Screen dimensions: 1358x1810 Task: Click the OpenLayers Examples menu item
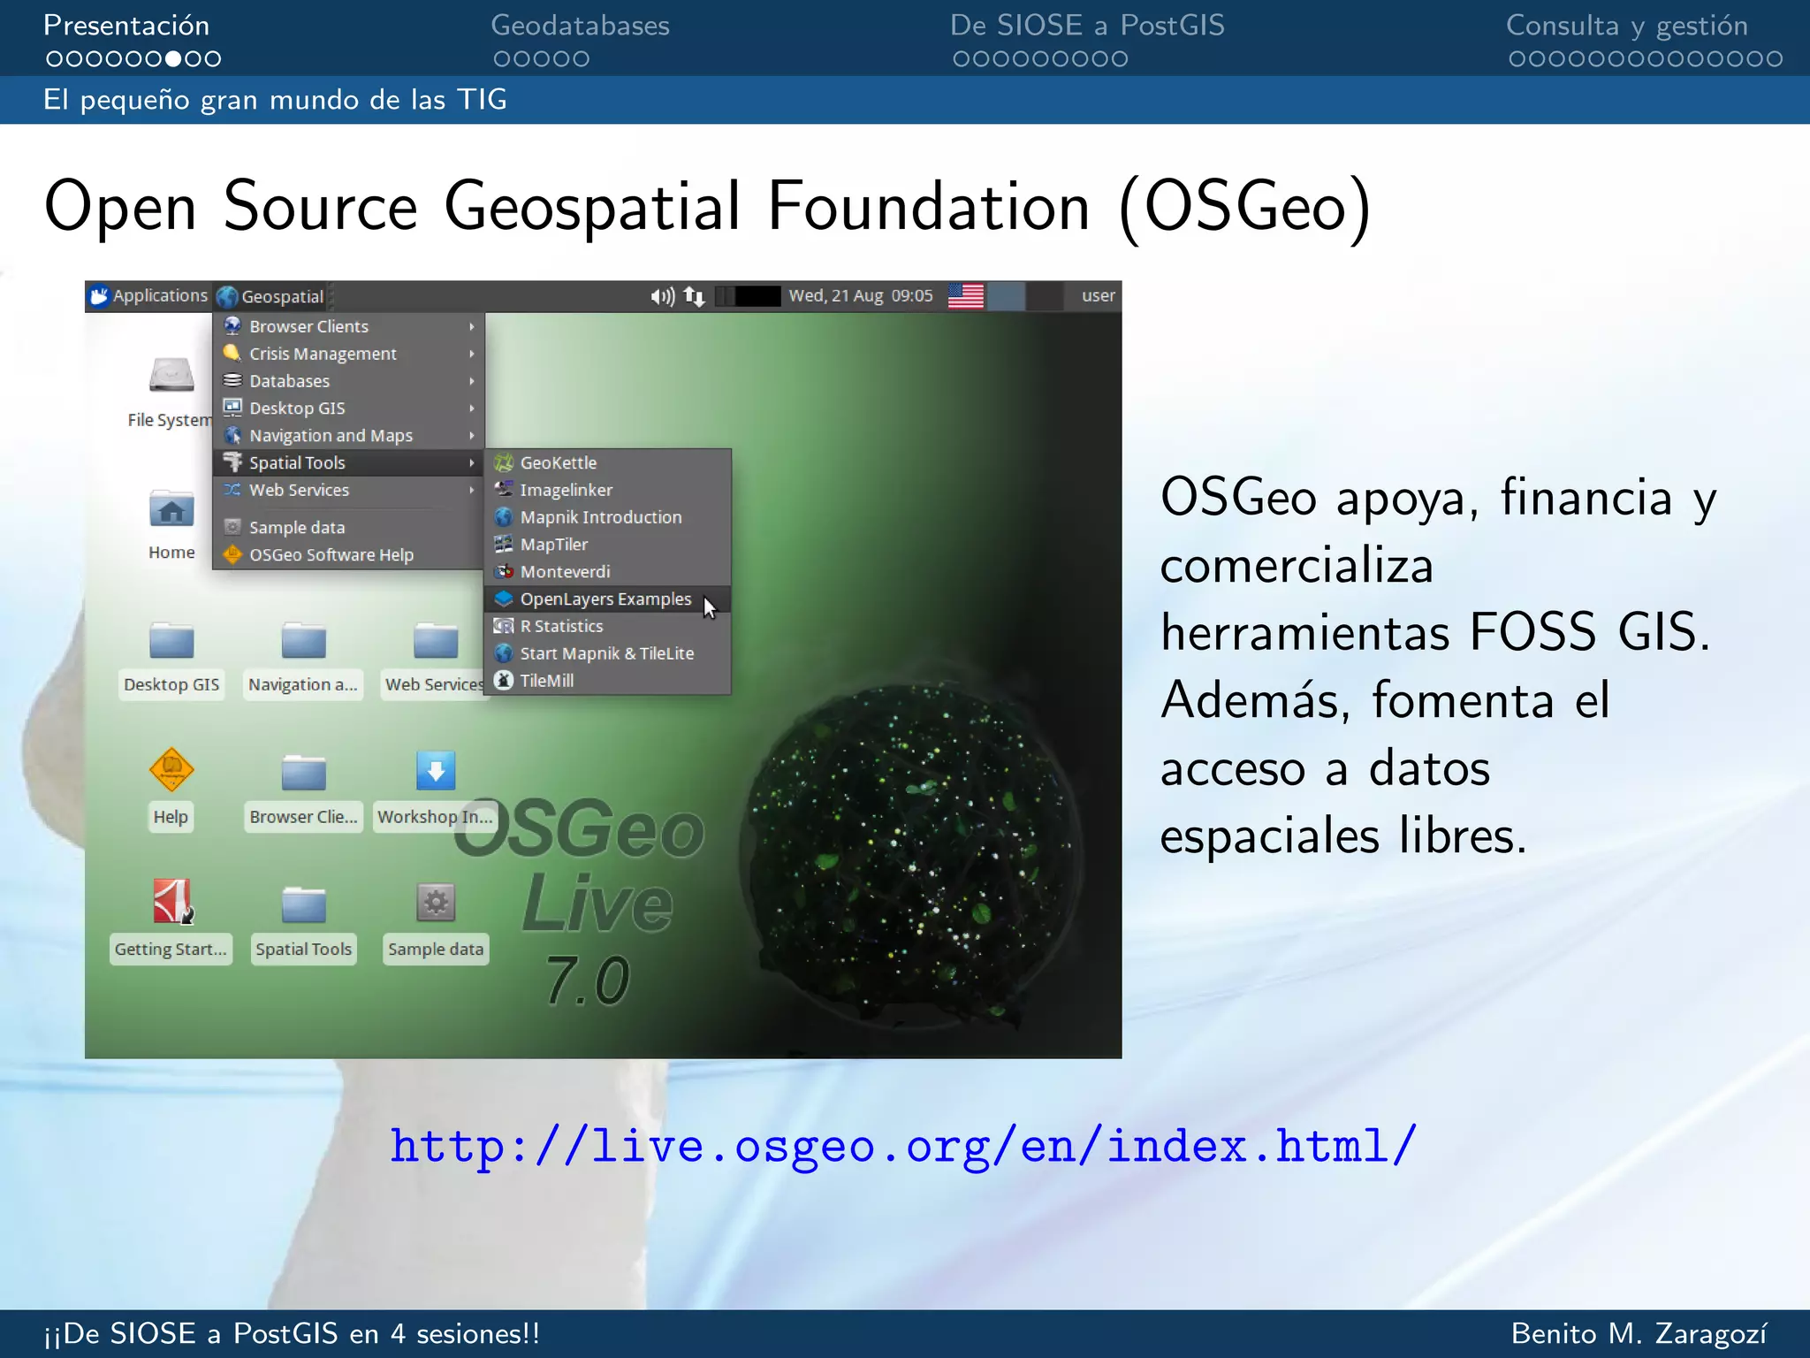point(605,599)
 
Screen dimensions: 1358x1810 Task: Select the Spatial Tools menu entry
point(297,462)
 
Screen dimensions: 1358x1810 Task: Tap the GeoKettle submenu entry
point(558,462)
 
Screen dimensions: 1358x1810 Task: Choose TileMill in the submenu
point(546,681)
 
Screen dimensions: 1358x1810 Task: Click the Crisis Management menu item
point(323,354)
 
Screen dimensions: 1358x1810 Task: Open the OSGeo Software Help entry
point(331,555)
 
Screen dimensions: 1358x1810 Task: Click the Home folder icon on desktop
point(171,510)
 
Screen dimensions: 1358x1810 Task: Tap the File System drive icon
point(171,376)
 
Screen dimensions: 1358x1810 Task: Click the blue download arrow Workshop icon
point(436,771)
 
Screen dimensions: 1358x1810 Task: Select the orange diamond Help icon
point(171,769)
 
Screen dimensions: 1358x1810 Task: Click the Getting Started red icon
point(172,902)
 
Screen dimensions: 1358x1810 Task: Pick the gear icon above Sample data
point(436,903)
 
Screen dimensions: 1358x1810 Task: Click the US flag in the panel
point(965,296)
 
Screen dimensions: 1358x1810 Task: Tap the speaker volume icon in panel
point(661,296)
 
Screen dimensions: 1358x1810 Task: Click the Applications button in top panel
point(150,296)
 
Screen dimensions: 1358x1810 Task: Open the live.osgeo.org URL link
point(903,1147)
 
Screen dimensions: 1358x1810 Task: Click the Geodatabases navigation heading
point(580,26)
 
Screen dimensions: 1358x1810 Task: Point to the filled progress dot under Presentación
point(173,59)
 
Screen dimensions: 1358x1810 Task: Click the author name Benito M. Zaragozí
point(1639,1333)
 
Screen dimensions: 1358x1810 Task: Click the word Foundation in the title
point(928,207)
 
